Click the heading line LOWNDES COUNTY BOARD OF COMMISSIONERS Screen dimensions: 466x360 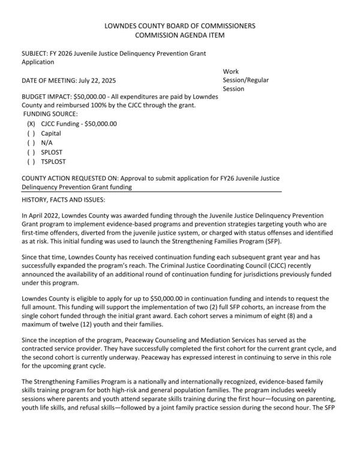click(180, 26)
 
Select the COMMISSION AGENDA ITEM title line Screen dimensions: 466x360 click(180, 35)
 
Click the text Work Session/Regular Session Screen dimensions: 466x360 click(245, 80)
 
